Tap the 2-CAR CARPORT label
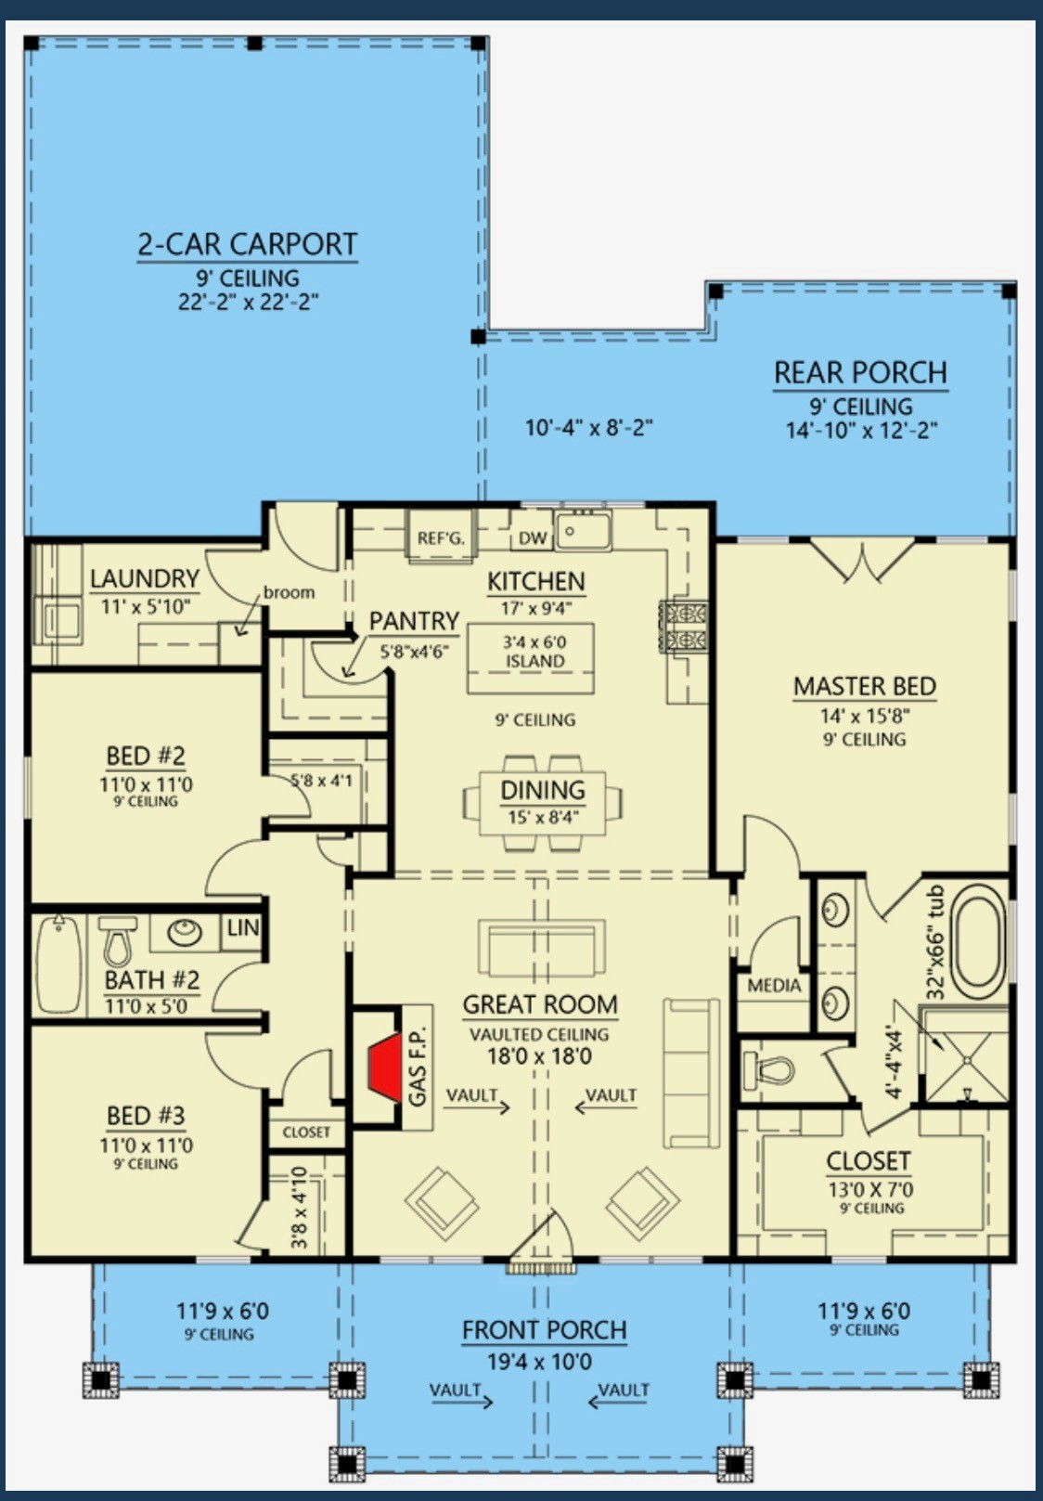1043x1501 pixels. pos(247,244)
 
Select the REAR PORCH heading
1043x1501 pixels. pos(861,372)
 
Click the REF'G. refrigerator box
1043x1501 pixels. pos(440,537)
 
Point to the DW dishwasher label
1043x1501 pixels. pos(534,537)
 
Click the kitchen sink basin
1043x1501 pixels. pos(584,531)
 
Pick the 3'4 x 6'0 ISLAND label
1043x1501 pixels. pos(534,652)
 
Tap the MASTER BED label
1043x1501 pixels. pos(864,687)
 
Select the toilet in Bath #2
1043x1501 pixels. pos(118,941)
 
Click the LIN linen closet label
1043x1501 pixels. pos(242,927)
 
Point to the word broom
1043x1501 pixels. pos(289,592)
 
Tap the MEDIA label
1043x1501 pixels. pos(774,985)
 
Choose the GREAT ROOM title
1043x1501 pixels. pos(540,1004)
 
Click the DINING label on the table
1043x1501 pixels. pos(543,790)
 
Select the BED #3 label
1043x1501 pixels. pos(146,1116)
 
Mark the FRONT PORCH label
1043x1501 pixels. pos(544,1330)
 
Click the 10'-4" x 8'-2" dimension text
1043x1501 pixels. pos(589,427)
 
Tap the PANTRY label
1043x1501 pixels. pos(414,621)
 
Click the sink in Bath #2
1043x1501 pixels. pos(185,932)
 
